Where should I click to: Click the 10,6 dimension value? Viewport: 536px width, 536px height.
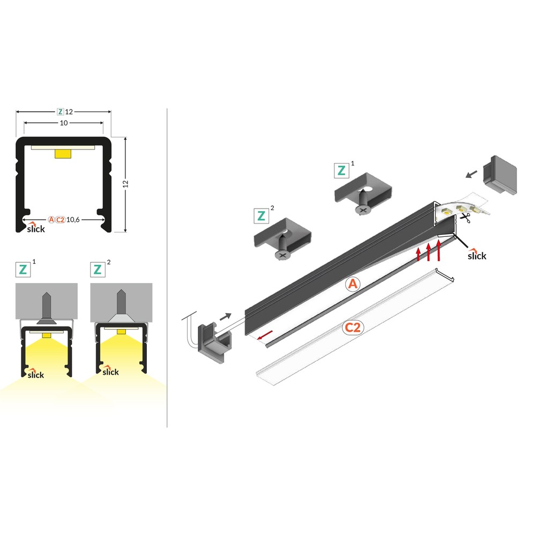[73, 219]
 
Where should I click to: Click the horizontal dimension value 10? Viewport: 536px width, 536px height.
[64, 123]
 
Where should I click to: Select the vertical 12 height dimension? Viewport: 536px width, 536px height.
[125, 183]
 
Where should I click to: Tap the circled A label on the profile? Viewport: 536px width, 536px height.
[353, 284]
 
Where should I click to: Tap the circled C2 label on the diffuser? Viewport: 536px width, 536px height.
[353, 327]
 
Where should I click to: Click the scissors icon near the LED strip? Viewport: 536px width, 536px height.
[465, 218]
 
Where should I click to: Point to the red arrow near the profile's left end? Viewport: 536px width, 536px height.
[265, 335]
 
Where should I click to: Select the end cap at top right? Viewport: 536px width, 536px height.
[500, 175]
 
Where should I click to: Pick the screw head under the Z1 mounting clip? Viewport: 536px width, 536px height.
[363, 209]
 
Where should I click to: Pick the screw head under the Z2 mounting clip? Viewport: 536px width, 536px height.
[282, 255]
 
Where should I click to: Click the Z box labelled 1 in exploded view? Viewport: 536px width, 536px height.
[341, 170]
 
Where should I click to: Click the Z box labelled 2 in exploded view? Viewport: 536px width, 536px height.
[261, 215]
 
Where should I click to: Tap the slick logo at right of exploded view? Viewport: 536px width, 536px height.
[477, 255]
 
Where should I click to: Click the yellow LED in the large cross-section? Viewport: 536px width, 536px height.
[63, 154]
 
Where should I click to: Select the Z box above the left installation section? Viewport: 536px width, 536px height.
[23, 270]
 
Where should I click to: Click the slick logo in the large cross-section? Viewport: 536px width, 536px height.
[36, 228]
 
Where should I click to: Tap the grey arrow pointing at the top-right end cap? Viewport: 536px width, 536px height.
[472, 174]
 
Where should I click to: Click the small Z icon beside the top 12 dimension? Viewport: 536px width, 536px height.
[61, 112]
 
